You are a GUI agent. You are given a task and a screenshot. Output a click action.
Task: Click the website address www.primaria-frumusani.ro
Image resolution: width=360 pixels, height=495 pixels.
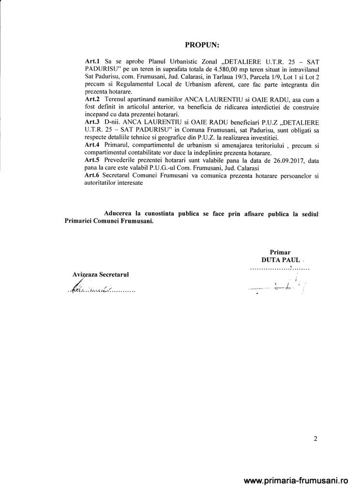[x=297, y=481]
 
